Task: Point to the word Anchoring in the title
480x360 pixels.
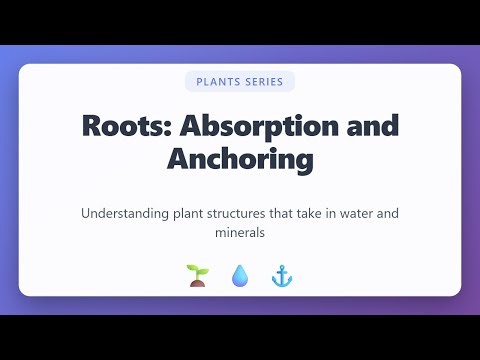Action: click(x=240, y=158)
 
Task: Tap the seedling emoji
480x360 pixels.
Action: click(x=196, y=275)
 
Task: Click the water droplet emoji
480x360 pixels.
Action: click(x=239, y=275)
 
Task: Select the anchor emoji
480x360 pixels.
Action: click(x=281, y=275)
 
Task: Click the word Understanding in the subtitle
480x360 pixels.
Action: click(x=124, y=214)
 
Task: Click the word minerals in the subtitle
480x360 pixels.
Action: click(x=240, y=233)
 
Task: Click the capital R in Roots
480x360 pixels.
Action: click(x=92, y=127)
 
